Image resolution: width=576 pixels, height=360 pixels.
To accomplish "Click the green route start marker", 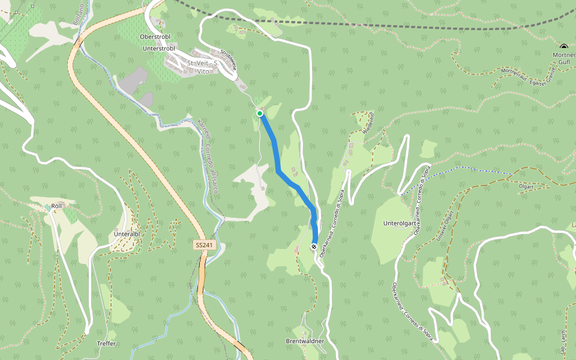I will point(260,113).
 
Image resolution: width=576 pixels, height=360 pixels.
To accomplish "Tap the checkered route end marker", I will point(314,247).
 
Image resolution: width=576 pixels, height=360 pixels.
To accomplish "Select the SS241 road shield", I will point(204,245).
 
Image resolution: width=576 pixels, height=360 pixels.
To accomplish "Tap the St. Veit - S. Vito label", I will point(202,67).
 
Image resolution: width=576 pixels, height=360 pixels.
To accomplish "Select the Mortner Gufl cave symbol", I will point(563,47).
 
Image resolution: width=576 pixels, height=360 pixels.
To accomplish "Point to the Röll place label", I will point(56,206).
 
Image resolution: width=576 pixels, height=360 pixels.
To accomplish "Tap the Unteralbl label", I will point(127,234).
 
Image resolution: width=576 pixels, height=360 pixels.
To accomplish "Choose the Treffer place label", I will point(106,344).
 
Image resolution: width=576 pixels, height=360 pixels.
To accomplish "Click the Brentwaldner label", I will point(305,341).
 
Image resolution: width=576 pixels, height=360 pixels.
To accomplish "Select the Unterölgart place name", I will point(400,224).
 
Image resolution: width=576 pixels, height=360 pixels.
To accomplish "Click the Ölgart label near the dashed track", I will point(526,187).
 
